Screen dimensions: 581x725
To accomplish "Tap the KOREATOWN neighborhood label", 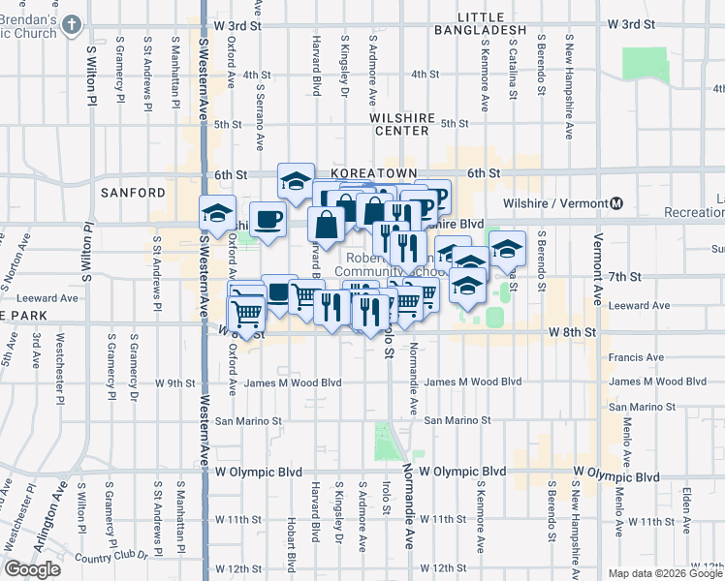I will pos(373,172).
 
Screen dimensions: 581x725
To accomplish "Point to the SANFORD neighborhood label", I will pos(133,193).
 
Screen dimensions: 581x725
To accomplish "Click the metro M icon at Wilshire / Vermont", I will pos(615,203).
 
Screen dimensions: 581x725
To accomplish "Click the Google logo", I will pos(33,568).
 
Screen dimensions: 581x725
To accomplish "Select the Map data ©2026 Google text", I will pos(664,573).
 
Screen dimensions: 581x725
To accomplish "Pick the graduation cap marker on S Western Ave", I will pos(218,213).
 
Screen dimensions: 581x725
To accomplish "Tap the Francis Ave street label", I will pos(636,357).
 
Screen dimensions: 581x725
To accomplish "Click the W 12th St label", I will pos(237,568).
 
